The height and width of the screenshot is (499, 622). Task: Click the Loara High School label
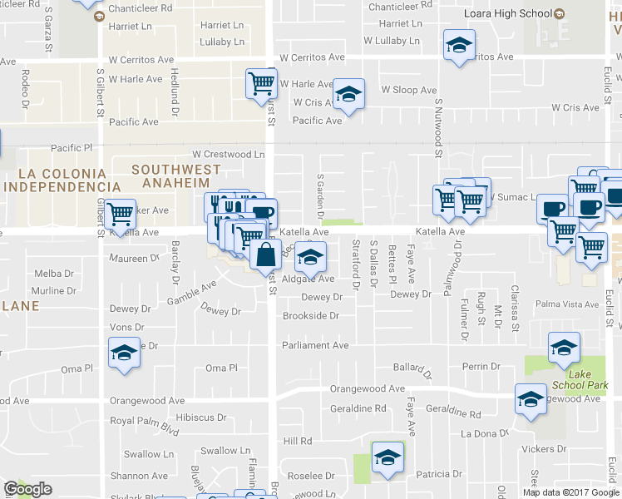[509, 14]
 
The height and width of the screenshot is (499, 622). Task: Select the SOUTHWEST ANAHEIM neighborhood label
[177, 177]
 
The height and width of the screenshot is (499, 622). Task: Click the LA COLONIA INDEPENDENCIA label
[57, 179]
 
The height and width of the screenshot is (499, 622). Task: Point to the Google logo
[27, 489]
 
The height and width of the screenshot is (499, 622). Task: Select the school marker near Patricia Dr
[387, 457]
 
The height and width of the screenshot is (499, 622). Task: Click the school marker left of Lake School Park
[531, 399]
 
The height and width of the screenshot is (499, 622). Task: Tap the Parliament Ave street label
[315, 345]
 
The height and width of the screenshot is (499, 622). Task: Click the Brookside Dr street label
[311, 316]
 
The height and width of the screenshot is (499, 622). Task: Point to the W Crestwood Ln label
[228, 154]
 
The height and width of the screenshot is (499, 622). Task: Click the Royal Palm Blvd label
[146, 421]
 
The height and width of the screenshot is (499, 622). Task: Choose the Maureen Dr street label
[134, 258]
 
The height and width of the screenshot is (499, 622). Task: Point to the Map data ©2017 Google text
[570, 492]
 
